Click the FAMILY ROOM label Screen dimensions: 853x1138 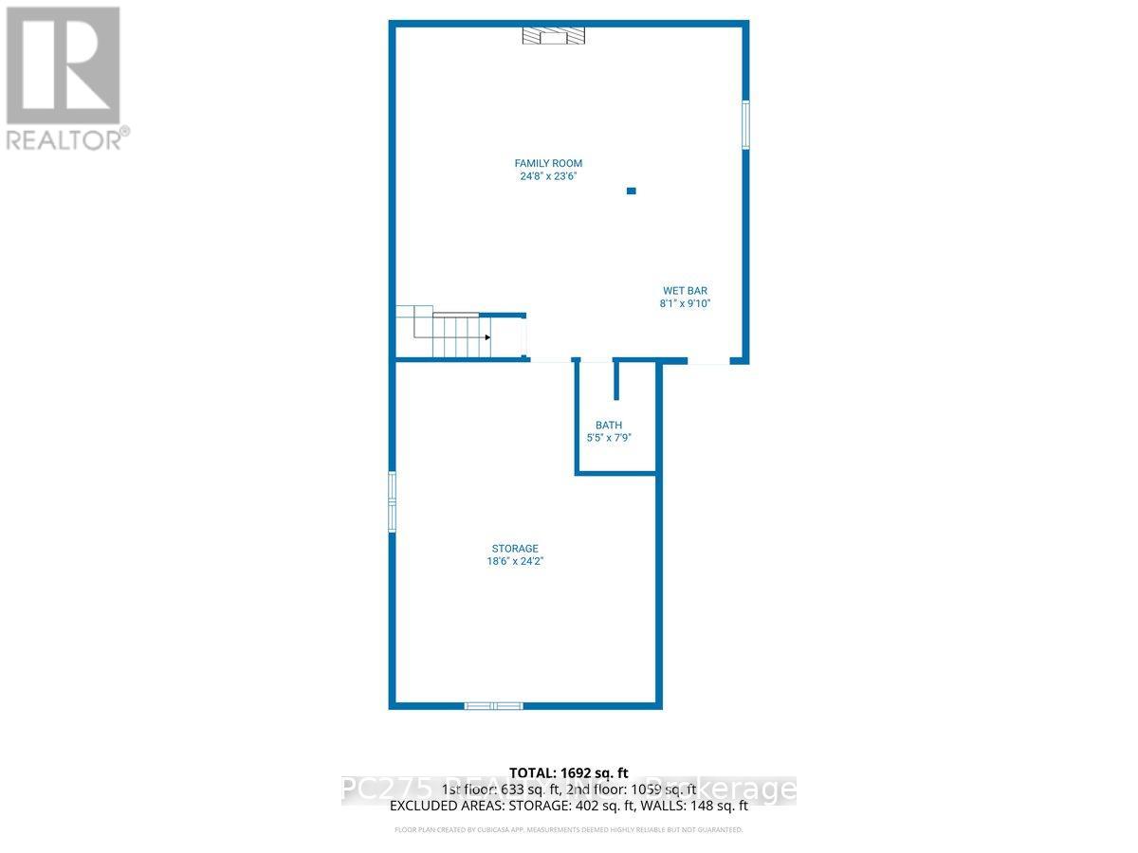click(548, 164)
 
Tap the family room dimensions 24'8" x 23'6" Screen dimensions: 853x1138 click(548, 176)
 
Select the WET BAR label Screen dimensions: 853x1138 click(685, 291)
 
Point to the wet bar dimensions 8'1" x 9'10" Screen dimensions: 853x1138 click(685, 304)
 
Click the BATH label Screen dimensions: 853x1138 click(609, 426)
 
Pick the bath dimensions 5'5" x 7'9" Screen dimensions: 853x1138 click(609, 438)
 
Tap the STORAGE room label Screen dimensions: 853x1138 click(515, 549)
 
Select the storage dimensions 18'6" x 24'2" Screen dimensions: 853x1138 click(515, 561)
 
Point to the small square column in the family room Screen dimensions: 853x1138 click(632, 191)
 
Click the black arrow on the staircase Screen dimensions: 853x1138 click(487, 336)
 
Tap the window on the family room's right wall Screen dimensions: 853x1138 click(745, 124)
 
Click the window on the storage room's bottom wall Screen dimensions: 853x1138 click(493, 705)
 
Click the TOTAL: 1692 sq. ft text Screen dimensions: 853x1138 click(569, 773)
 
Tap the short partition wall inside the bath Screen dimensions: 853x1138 click(616, 381)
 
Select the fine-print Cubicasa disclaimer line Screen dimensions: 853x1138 click(569, 830)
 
